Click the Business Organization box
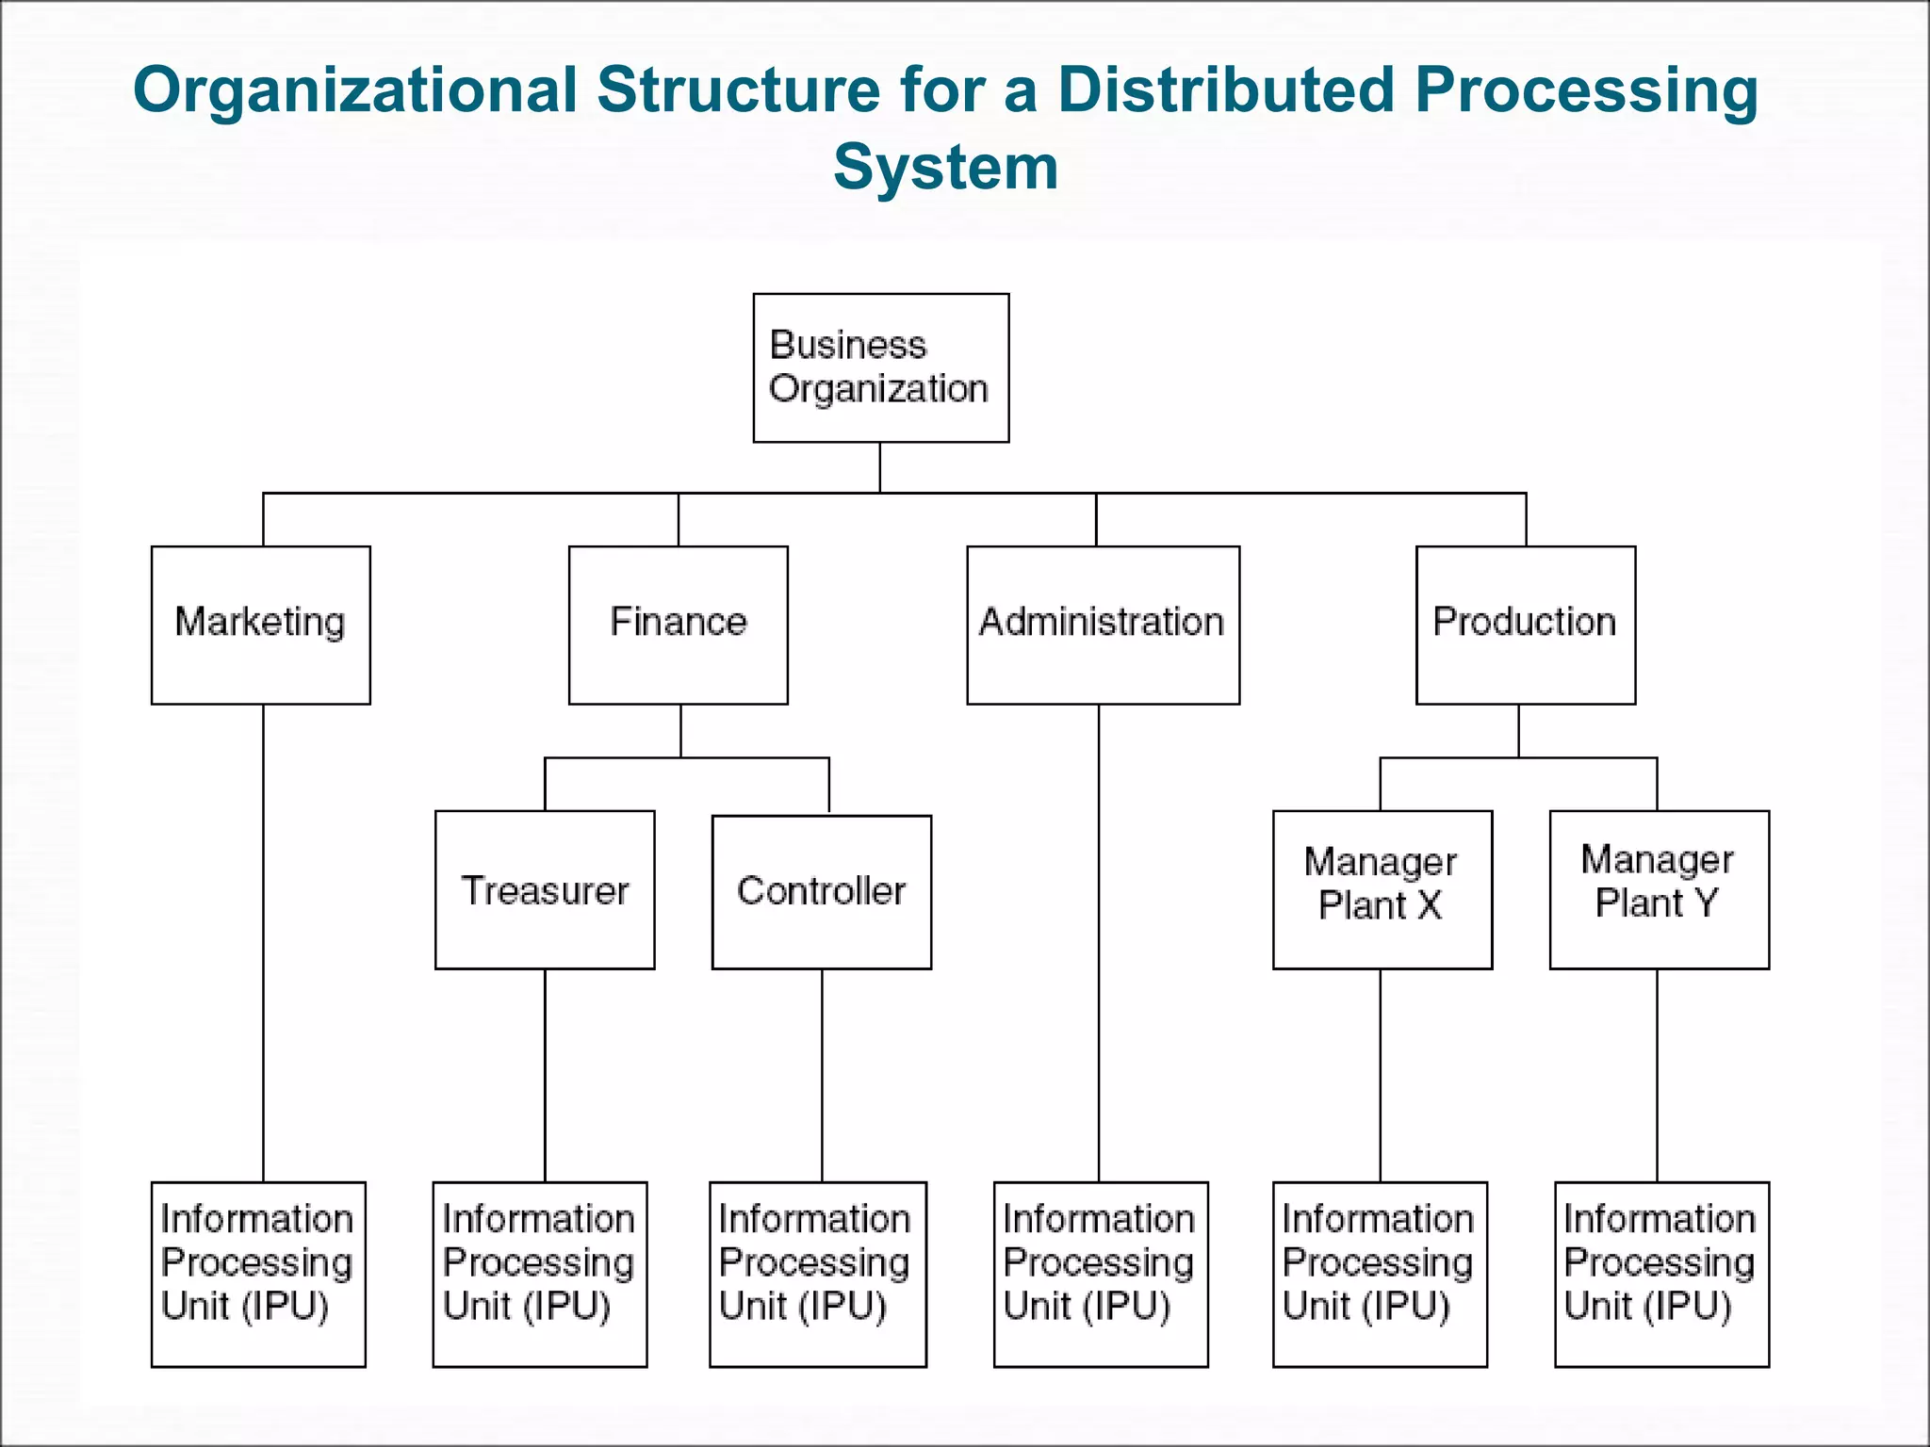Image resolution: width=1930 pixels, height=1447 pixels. click(880, 367)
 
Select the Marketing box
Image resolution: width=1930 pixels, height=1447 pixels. click(261, 625)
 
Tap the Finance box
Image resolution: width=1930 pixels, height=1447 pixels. click(679, 625)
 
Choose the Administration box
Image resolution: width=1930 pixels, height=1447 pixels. click(1103, 625)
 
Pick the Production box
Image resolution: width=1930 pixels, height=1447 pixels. click(1526, 625)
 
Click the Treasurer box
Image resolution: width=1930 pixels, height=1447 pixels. click(545, 889)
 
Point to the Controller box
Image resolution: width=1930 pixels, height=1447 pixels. click(822, 891)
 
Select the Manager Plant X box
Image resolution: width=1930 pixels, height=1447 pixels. click(1382, 889)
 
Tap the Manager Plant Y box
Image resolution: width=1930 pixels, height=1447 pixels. click(1660, 889)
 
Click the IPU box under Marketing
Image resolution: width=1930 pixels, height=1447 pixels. click(258, 1274)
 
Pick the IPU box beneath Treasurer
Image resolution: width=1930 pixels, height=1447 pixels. click(540, 1274)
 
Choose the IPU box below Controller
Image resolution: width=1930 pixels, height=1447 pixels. click(818, 1274)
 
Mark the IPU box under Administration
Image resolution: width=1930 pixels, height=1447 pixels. click(1101, 1274)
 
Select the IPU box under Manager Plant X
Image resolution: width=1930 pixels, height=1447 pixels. click(1380, 1274)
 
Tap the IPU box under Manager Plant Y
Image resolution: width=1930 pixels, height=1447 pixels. click(1661, 1274)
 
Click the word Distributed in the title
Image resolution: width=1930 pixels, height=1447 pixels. click(1225, 90)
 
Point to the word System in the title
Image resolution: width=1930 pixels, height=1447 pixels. click(945, 168)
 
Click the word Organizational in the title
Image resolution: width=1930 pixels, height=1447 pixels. click(355, 90)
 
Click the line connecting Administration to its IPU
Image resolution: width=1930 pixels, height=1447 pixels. click(1099, 942)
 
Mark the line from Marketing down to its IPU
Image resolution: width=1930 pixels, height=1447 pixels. click(263, 942)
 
